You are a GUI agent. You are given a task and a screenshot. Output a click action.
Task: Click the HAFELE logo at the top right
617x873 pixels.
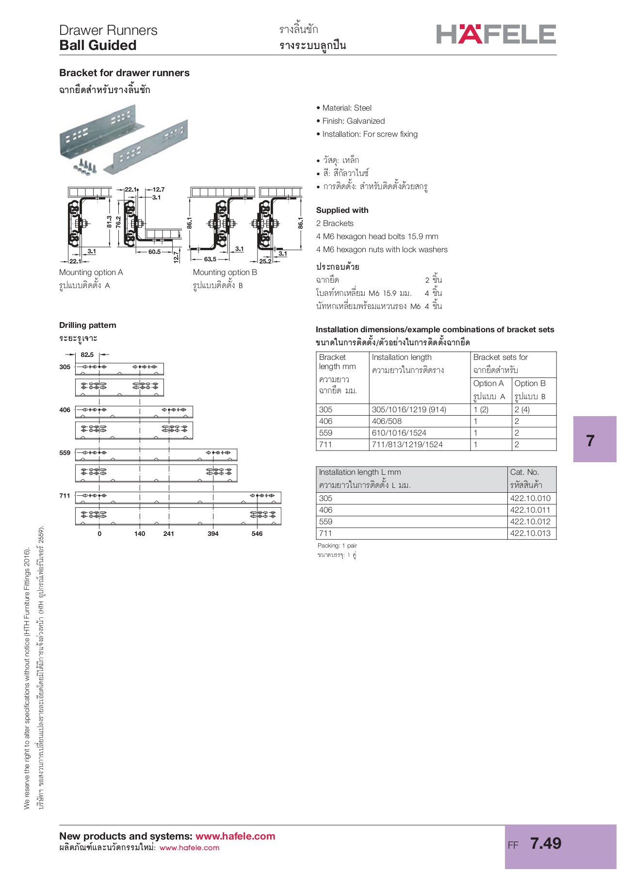pos(496,34)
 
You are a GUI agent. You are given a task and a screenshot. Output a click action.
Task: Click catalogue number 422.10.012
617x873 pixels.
pos(530,521)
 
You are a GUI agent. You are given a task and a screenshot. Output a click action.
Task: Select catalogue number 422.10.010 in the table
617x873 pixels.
pos(530,498)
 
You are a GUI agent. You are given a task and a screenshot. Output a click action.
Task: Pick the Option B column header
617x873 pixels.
pos(530,383)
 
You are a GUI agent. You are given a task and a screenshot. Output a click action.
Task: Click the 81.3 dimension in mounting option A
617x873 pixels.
pos(110,222)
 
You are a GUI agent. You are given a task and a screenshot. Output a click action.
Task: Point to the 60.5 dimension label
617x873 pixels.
pos(154,252)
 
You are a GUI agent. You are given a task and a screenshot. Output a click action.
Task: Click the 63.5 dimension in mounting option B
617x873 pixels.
pos(210,259)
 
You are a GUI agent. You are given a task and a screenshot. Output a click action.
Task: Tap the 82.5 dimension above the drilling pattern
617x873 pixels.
pos(87,355)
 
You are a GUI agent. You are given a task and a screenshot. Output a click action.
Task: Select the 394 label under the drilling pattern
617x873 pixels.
pos(213,533)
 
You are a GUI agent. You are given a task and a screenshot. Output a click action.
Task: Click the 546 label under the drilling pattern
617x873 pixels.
pos(257,533)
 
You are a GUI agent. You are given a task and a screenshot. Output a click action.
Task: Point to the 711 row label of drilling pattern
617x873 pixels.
pos(65,496)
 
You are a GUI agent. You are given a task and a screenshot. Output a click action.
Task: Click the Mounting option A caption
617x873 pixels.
pos(91,272)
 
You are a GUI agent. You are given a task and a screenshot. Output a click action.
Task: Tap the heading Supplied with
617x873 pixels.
pos(342,210)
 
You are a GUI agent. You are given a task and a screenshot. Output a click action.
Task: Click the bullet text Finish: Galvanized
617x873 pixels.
pos(353,121)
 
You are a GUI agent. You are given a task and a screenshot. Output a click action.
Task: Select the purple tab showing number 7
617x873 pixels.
pos(594,439)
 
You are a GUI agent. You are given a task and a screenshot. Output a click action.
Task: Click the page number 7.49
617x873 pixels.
pos(546,843)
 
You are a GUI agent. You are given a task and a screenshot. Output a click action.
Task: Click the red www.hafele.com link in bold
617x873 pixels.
pos(235,836)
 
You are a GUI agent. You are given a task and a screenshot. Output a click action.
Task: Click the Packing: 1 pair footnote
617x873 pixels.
pos(337,546)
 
